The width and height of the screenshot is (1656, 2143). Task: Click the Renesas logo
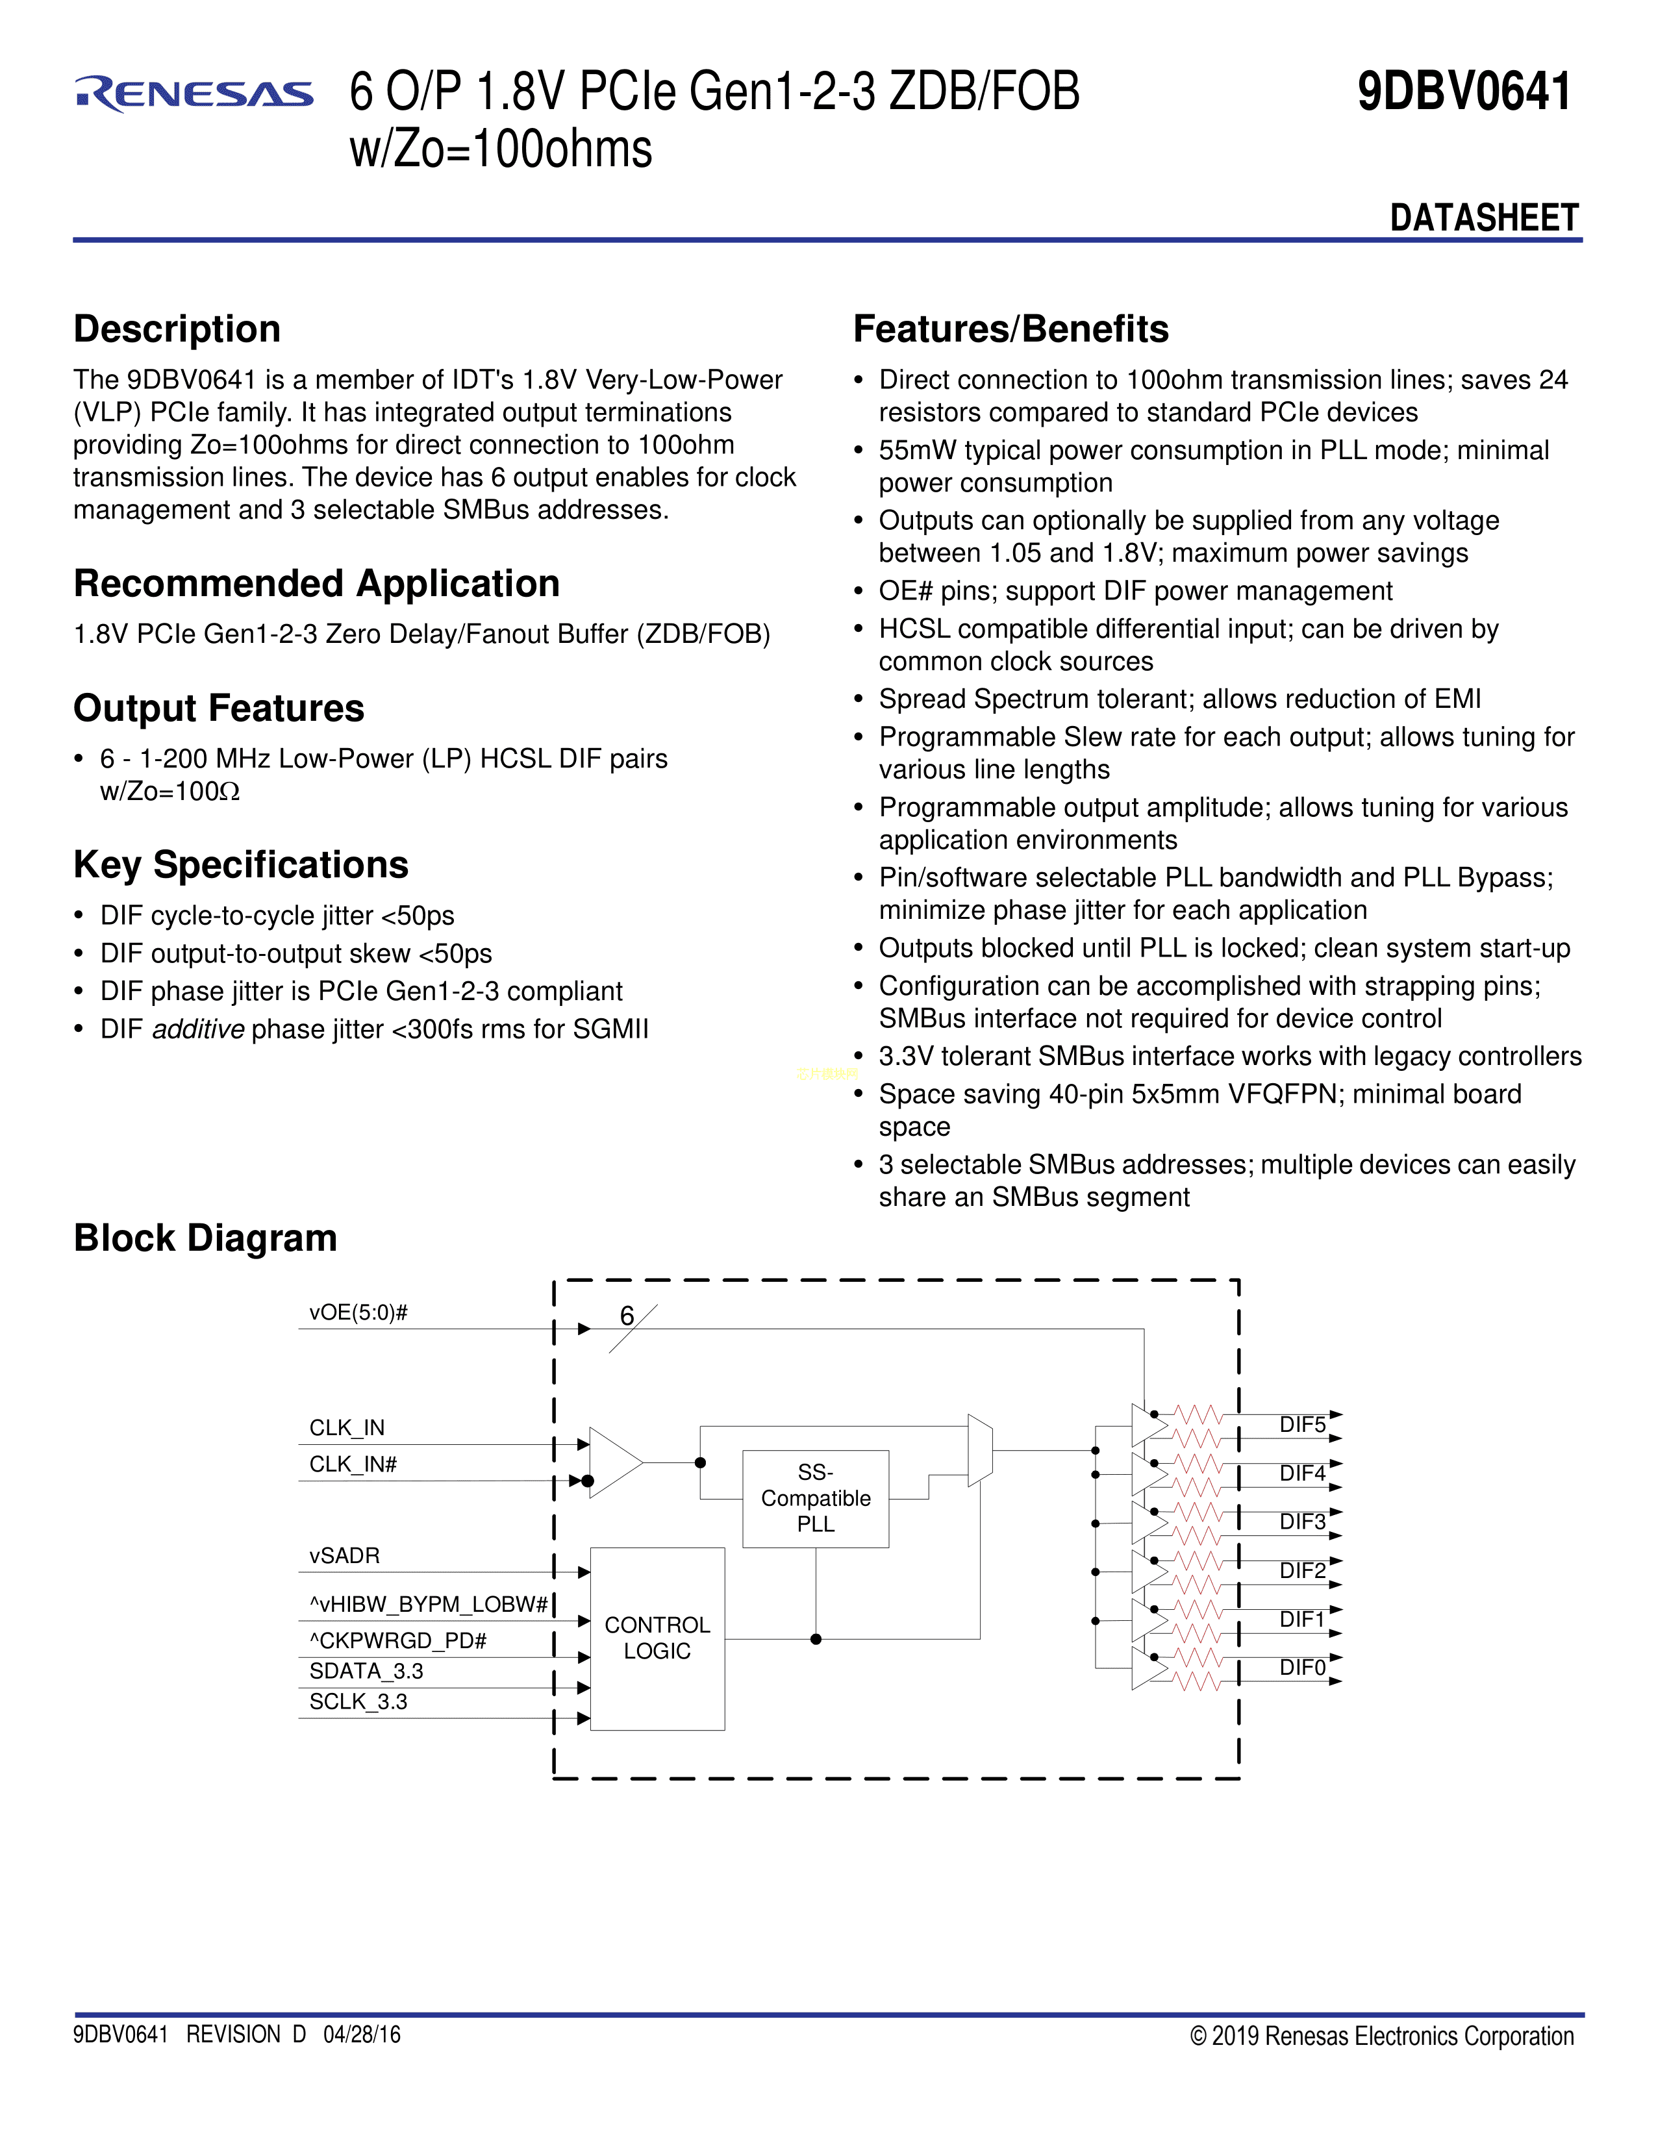[194, 94]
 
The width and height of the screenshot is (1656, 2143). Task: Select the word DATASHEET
[1483, 218]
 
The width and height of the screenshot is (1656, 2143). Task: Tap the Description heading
[177, 329]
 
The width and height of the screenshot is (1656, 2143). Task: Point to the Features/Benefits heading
[1010, 329]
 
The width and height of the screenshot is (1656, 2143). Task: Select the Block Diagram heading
[205, 1238]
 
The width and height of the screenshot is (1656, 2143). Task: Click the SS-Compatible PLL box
[815, 1498]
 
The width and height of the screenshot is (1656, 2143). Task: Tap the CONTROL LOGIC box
[657, 1638]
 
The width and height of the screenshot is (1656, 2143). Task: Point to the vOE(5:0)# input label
[358, 1313]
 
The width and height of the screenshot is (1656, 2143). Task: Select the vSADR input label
[344, 1555]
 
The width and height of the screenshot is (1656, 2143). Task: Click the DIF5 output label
[1302, 1425]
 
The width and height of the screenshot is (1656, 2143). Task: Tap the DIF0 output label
[1302, 1668]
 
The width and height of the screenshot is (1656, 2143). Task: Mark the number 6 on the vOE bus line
[627, 1316]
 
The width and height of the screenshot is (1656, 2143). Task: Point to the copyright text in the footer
[1381, 2036]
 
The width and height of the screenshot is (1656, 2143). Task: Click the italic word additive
[198, 1029]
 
